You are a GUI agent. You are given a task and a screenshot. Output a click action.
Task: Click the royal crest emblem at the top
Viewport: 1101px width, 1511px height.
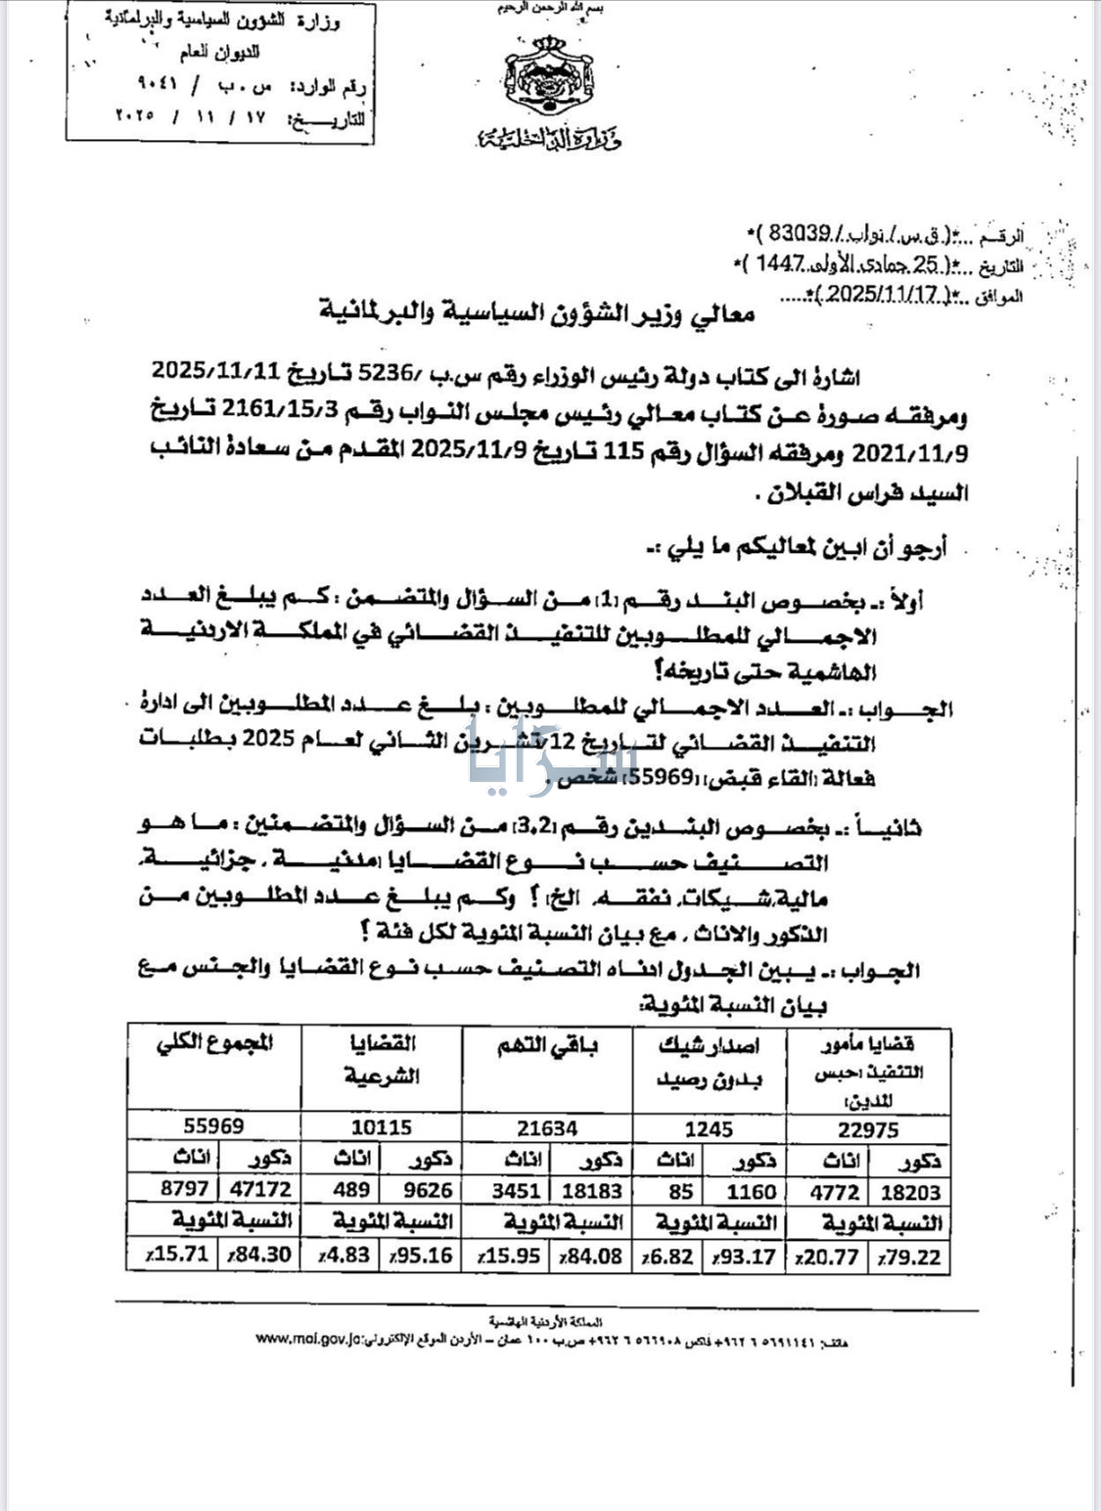coord(549,79)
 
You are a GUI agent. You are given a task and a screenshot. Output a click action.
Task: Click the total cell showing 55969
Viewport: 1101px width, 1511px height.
coord(213,1126)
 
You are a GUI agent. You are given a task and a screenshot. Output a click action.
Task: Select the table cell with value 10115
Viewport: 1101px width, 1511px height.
coord(380,1127)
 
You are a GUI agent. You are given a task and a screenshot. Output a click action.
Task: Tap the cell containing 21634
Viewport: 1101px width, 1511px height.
coord(547,1128)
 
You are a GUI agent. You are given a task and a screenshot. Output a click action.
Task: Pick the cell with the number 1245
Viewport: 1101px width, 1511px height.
coord(709,1129)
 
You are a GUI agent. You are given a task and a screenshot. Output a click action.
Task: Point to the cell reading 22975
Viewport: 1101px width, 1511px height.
coord(868,1129)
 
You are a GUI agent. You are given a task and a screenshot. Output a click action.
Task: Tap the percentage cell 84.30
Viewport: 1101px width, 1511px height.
coord(260,1254)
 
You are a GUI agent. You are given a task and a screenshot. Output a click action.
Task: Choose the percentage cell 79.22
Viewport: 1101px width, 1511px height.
coord(911,1257)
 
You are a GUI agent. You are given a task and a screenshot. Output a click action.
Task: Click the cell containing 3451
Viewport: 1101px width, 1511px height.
coord(507,1191)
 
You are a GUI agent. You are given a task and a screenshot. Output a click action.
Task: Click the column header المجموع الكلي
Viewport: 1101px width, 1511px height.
coord(214,1044)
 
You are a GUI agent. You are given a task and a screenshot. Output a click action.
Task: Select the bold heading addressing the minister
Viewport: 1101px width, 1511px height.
coord(537,314)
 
